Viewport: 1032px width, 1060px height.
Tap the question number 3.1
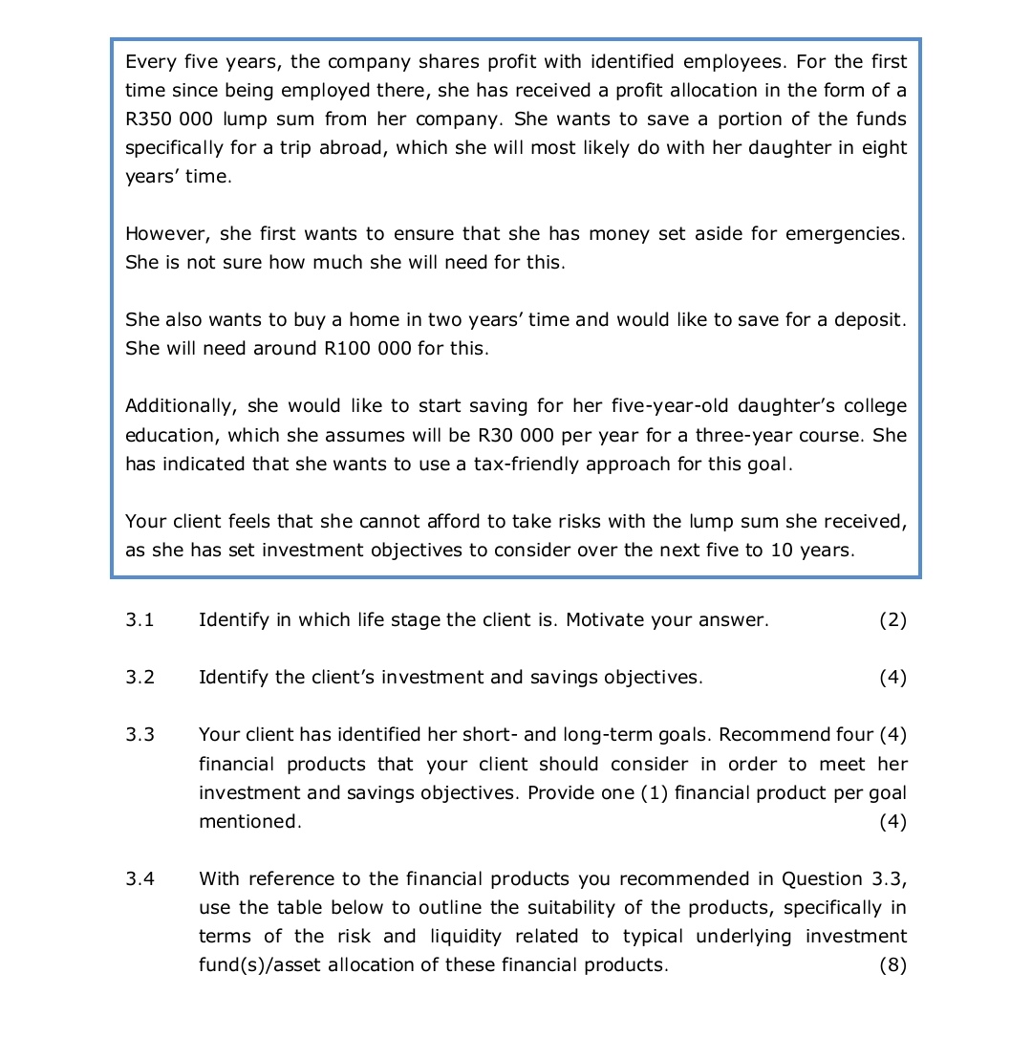(x=140, y=620)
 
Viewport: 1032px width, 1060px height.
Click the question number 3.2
(x=140, y=678)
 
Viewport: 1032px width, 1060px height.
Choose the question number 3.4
(x=140, y=878)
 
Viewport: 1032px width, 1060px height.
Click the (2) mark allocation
(x=892, y=620)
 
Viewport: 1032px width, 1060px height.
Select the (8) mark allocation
(x=892, y=964)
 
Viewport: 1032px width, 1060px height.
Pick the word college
(x=874, y=406)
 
